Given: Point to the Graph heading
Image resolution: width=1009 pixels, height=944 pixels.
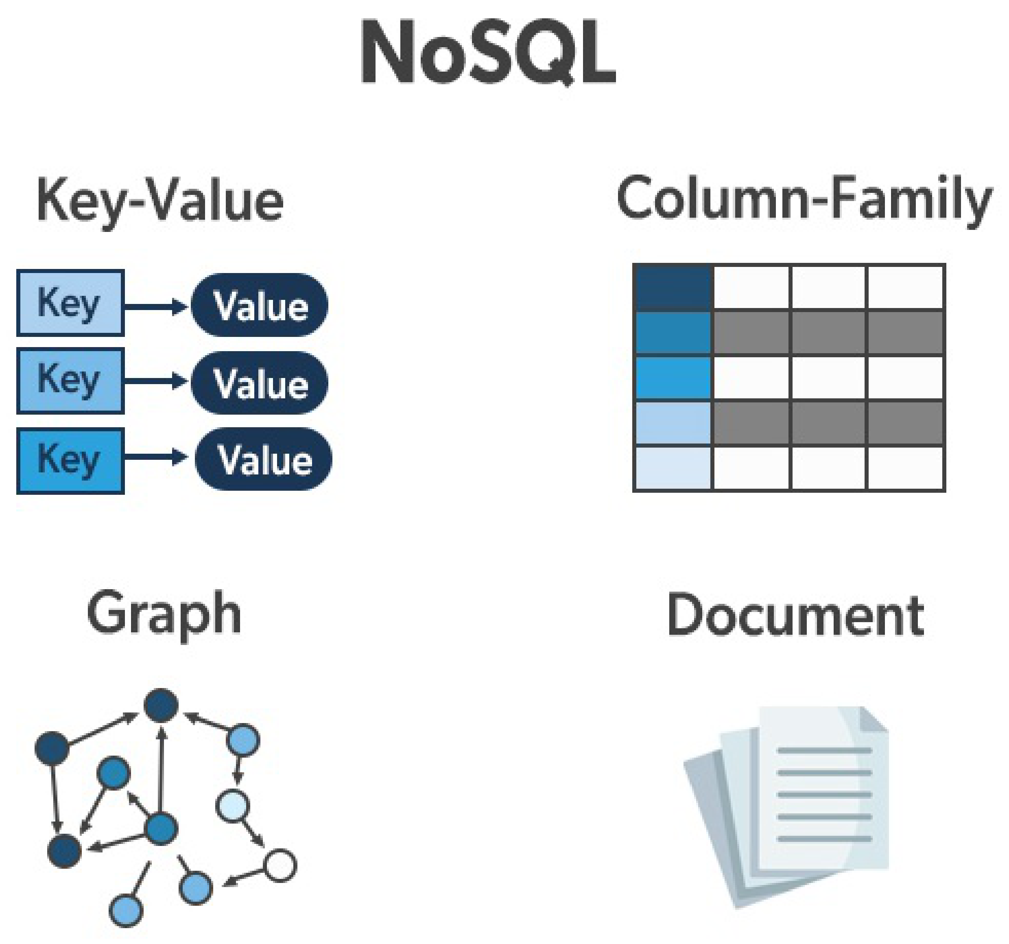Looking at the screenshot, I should [x=164, y=614].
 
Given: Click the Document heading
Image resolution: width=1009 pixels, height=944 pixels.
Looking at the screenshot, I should [x=795, y=616].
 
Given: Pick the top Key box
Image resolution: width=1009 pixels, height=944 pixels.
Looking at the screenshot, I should [x=70, y=303].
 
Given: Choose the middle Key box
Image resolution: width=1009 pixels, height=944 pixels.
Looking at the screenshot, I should [x=70, y=380].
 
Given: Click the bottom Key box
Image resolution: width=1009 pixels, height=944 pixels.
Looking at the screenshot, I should [x=70, y=460].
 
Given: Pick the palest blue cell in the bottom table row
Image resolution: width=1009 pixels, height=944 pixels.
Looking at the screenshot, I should [x=673, y=468].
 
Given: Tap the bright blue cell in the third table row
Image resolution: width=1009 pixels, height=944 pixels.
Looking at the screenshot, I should [x=673, y=378].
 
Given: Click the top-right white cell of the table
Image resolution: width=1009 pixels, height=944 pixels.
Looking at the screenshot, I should [x=906, y=287].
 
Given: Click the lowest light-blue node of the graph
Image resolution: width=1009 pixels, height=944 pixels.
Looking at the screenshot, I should [x=126, y=910].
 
